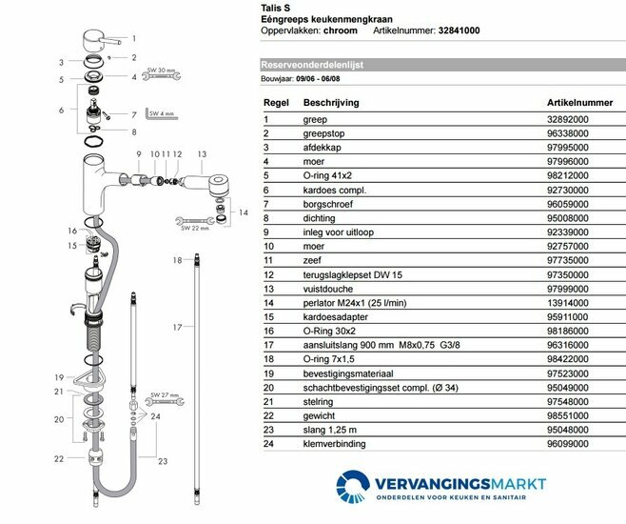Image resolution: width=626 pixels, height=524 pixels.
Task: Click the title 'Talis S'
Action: tap(277, 6)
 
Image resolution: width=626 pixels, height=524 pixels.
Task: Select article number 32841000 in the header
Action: tap(453, 30)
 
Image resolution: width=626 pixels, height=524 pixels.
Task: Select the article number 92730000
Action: tap(567, 190)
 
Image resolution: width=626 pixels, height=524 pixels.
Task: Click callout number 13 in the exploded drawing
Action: tap(201, 153)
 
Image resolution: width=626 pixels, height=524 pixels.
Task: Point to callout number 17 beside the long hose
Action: tap(176, 326)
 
